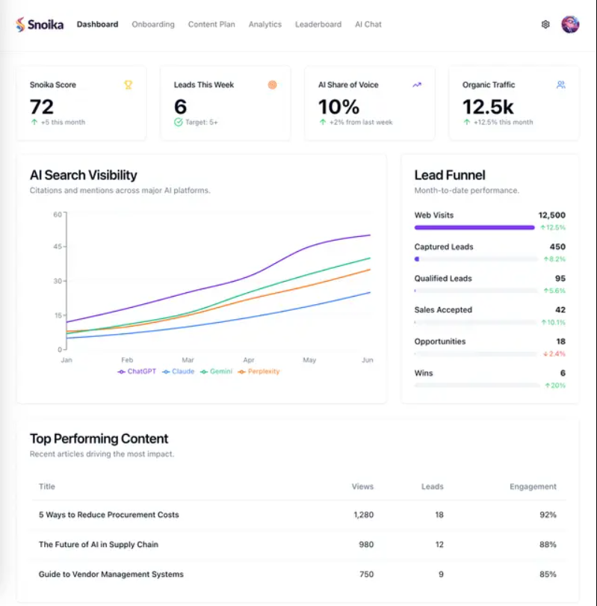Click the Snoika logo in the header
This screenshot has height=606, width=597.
(40, 24)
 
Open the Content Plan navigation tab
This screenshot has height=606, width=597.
(211, 24)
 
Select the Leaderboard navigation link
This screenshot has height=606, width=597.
(318, 24)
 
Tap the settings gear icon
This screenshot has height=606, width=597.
(545, 24)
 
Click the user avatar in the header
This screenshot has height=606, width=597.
(570, 24)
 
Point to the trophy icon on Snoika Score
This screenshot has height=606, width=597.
(128, 84)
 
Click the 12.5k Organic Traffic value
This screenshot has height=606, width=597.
(487, 107)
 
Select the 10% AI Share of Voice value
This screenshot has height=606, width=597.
(338, 107)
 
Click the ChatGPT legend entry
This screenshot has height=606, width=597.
(137, 371)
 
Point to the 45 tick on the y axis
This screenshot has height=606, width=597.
(58, 247)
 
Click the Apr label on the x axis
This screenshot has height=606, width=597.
(249, 360)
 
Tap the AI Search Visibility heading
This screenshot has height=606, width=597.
(83, 175)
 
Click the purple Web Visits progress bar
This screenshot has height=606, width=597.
(474, 227)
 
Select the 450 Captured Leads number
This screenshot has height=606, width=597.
(557, 247)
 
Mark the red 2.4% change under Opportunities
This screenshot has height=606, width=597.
(554, 353)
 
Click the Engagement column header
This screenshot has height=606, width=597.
(533, 486)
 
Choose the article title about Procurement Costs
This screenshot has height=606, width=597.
(108, 515)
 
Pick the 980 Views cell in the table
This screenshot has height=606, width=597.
(366, 545)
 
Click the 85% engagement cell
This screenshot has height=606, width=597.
(548, 575)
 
